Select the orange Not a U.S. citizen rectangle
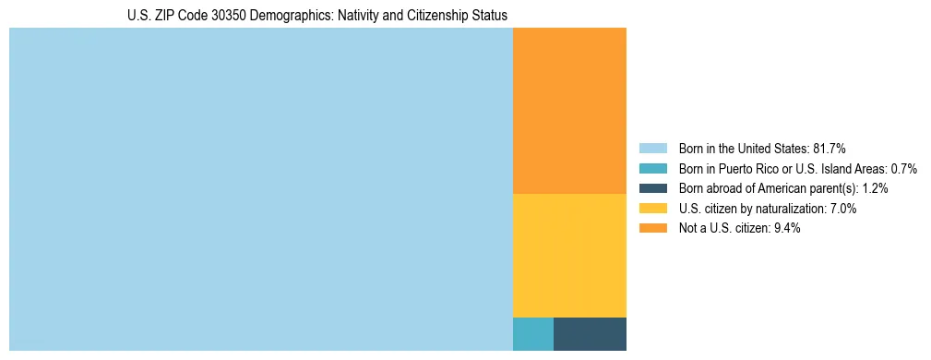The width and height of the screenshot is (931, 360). pos(569,111)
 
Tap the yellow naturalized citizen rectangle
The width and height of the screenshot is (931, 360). pos(569,256)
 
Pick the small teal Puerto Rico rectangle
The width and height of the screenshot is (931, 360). pos(532,334)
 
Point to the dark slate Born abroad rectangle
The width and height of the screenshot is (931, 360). pos(590,334)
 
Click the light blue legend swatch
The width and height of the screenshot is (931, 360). pos(652,149)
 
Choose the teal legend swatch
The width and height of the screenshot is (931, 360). pos(652,169)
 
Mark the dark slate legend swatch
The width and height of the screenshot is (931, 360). pos(652,188)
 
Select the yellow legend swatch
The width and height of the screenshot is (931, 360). pos(652,209)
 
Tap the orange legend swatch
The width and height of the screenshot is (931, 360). pos(652,228)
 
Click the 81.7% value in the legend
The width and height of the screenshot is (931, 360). pos(830,149)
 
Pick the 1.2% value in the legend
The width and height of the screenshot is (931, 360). pos(876,188)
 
